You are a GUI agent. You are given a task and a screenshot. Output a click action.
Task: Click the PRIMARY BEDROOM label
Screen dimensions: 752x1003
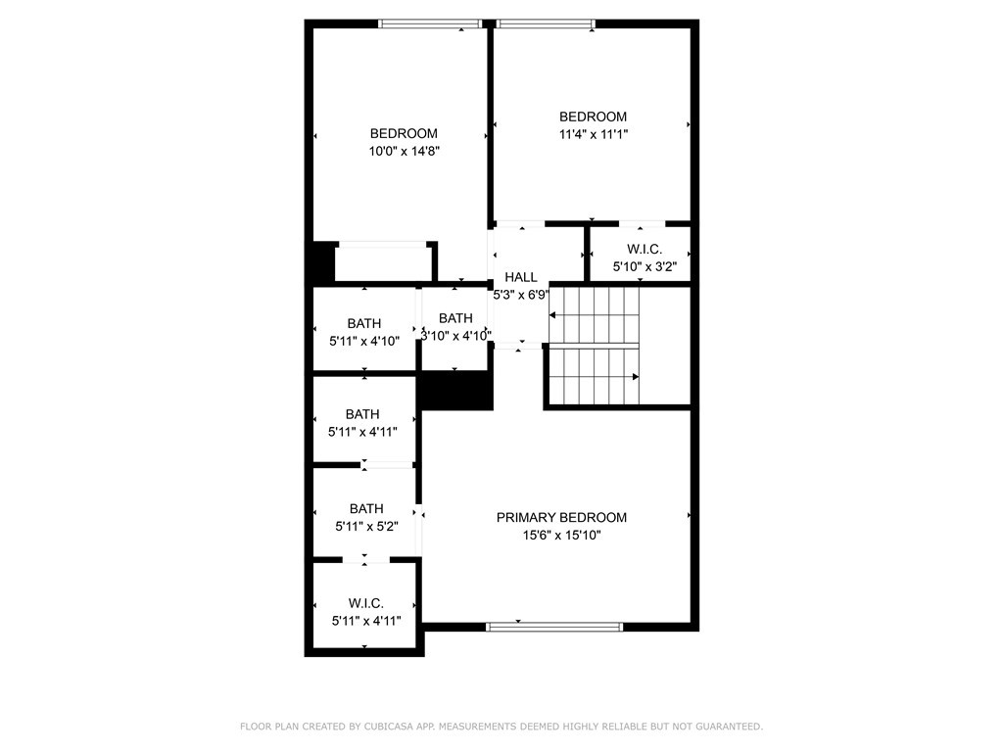click(x=561, y=517)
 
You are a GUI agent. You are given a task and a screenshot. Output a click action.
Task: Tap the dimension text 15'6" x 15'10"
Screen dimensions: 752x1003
click(x=561, y=536)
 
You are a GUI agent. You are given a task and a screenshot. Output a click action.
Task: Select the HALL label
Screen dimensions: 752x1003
click(x=520, y=277)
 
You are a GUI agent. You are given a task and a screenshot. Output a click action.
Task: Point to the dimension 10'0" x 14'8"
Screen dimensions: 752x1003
click(x=403, y=152)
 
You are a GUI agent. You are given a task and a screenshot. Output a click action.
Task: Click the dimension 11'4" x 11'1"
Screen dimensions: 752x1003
click(x=593, y=135)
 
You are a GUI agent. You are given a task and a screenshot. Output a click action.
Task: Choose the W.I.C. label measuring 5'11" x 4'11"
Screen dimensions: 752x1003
click(x=365, y=603)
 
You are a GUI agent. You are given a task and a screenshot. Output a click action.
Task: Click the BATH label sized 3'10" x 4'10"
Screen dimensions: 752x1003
click(x=455, y=318)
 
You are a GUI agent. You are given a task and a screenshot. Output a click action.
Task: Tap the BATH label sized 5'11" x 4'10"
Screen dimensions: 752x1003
click(x=364, y=323)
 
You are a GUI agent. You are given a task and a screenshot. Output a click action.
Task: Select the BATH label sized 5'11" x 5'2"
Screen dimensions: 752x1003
click(x=366, y=508)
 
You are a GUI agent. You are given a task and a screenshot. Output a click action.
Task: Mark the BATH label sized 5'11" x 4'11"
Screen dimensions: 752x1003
click(x=362, y=414)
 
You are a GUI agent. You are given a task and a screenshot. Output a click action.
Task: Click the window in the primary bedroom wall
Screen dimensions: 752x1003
click(x=554, y=627)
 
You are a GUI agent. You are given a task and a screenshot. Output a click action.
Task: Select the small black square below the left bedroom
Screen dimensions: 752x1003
click(x=322, y=262)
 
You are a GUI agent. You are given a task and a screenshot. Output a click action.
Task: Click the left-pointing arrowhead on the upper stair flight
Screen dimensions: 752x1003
click(x=552, y=315)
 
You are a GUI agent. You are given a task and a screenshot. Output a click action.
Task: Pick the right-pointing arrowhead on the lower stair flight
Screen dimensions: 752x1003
click(x=636, y=376)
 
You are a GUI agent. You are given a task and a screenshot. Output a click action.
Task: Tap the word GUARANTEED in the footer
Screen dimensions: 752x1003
click(x=728, y=727)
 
